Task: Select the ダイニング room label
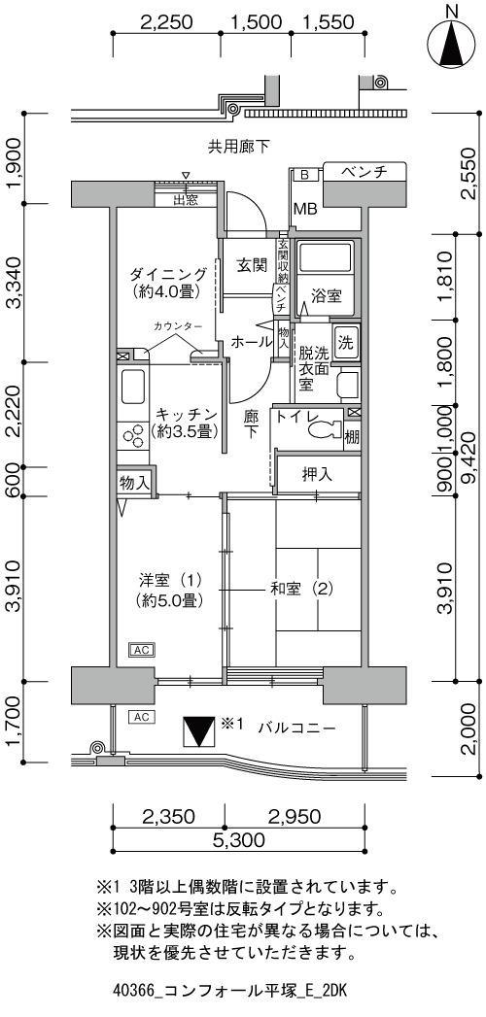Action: (167, 273)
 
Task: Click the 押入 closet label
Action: (317, 475)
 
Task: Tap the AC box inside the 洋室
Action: (142, 649)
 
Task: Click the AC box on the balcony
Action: (142, 717)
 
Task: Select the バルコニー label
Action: (296, 728)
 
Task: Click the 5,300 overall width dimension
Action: (238, 840)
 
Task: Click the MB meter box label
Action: (305, 209)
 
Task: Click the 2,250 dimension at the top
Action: (167, 22)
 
